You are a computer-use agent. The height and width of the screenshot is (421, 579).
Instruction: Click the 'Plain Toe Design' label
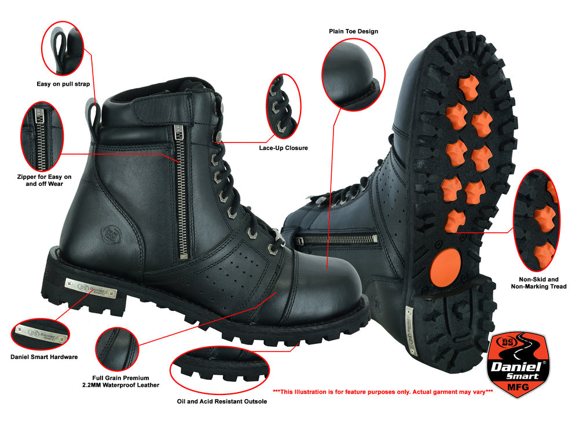click(353, 31)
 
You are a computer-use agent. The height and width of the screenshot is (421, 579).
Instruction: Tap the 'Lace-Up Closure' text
click(283, 148)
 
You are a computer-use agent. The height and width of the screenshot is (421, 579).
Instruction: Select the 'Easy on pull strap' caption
click(63, 84)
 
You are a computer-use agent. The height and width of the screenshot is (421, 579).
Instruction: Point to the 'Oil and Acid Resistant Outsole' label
click(222, 401)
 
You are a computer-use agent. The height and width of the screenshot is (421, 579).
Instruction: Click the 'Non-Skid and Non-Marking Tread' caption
click(538, 283)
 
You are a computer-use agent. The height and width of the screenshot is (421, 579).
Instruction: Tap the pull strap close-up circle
click(63, 49)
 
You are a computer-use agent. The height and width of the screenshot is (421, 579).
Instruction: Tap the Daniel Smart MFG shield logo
click(519, 364)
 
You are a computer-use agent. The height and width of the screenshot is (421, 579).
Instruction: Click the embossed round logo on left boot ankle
click(111, 233)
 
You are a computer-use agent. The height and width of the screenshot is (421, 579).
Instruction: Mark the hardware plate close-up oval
click(41, 334)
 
